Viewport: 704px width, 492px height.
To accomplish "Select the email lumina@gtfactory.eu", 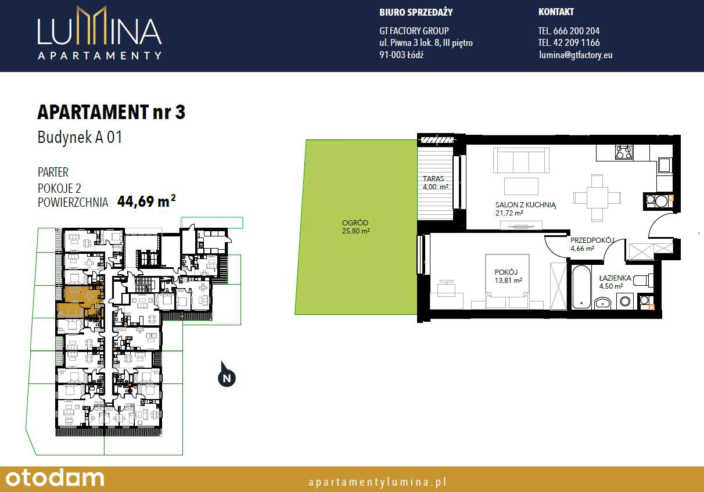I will point(576,55).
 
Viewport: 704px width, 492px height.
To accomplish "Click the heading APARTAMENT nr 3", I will point(111,112).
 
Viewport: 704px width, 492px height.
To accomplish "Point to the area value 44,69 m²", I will point(146,202).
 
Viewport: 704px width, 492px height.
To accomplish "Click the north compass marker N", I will point(227,378).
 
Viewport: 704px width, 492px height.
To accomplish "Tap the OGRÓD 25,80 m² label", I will point(355,227).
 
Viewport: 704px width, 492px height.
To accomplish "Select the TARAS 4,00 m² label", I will point(435,183).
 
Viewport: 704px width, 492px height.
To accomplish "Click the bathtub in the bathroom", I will point(580,287).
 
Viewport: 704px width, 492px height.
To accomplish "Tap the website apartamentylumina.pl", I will point(377,482).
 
